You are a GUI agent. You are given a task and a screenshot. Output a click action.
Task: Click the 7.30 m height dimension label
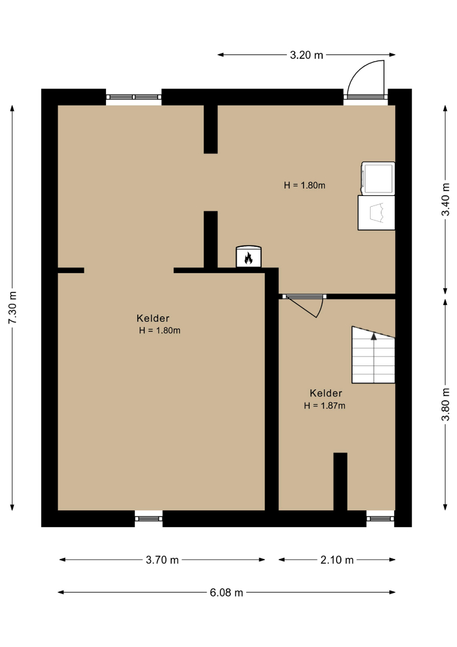pyautogui.click(x=13, y=307)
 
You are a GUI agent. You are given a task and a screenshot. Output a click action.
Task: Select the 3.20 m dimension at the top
pyautogui.click(x=307, y=55)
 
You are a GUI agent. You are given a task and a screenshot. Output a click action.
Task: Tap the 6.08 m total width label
pyautogui.click(x=226, y=592)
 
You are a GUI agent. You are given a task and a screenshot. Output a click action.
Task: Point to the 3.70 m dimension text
pyautogui.click(x=162, y=560)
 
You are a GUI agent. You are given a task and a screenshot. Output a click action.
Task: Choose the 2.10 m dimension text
pyautogui.click(x=337, y=560)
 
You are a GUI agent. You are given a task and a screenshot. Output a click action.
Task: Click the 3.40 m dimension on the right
pyautogui.click(x=446, y=199)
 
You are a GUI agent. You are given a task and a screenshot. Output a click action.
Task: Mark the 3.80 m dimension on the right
pyautogui.click(x=446, y=404)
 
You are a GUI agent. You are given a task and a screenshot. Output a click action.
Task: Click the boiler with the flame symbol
pyautogui.click(x=249, y=256)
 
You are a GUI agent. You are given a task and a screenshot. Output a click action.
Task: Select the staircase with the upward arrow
pyautogui.click(x=373, y=355)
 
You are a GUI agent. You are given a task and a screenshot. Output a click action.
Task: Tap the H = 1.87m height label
pyautogui.click(x=325, y=406)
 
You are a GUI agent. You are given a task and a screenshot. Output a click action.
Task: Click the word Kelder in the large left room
pyautogui.click(x=153, y=318)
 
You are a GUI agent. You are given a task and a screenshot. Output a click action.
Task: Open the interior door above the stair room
pyautogui.click(x=304, y=304)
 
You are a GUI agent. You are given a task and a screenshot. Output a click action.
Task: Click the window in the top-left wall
pyautogui.click(x=134, y=97)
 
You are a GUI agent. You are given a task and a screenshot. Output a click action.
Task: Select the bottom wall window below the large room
pyautogui.click(x=149, y=518)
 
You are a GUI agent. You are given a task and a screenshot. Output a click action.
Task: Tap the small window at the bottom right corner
pyautogui.click(x=380, y=518)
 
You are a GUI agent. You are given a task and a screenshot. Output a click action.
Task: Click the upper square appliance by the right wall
pyautogui.click(x=378, y=179)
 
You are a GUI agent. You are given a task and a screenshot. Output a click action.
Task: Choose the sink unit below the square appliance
pyautogui.click(x=376, y=213)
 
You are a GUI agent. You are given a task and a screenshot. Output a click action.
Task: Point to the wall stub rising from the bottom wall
pyautogui.click(x=340, y=482)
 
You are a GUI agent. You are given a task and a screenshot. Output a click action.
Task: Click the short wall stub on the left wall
pyautogui.click(x=71, y=271)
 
